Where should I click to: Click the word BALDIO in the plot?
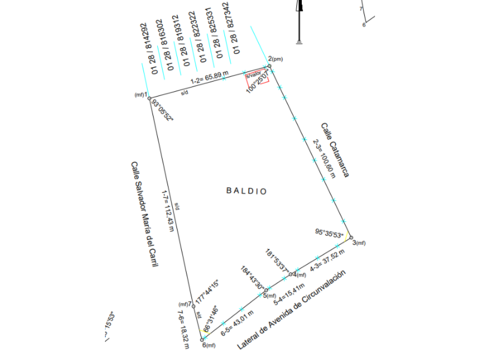click(x=246, y=191)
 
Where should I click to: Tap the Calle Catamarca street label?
click(x=335, y=150)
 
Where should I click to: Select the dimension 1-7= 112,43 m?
click(x=167, y=210)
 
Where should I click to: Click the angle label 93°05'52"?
click(x=163, y=110)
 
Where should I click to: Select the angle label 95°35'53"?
click(x=329, y=233)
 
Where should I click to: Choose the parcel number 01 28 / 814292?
click(x=149, y=48)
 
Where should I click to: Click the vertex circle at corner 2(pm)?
click(x=269, y=66)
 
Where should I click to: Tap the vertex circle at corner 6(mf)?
click(x=202, y=340)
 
